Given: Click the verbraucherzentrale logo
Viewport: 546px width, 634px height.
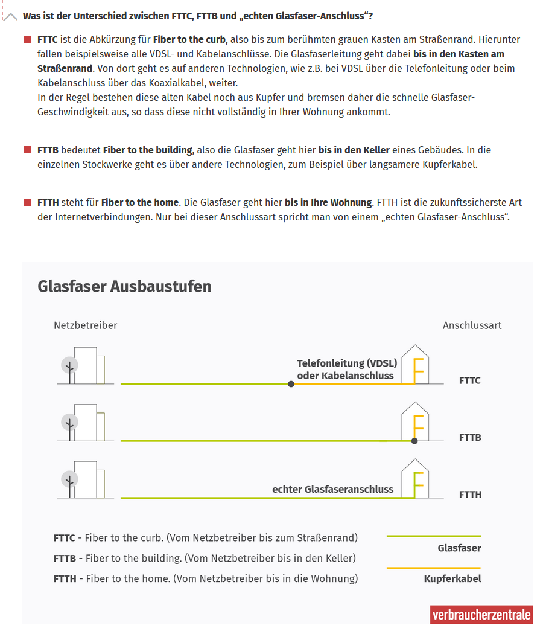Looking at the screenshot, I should click(481, 615).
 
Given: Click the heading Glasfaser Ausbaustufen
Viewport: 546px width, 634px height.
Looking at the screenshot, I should click(124, 286).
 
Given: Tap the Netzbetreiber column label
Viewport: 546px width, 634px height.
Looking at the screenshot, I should click(85, 325).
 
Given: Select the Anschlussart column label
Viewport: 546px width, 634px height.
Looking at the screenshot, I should click(472, 325).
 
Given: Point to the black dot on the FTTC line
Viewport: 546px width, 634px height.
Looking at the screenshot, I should click(291, 384).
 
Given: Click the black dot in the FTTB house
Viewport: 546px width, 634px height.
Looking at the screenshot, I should click(414, 441).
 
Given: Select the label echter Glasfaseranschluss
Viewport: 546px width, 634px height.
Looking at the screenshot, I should click(333, 489).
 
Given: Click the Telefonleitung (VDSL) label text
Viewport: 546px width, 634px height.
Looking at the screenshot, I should click(347, 363).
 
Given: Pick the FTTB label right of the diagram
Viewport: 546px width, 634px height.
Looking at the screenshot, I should click(470, 437).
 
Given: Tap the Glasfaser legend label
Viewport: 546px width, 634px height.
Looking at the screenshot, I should click(459, 548).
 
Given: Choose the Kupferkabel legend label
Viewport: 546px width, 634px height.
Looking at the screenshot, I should click(452, 579).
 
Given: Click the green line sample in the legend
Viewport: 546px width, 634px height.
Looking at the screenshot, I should click(433, 536).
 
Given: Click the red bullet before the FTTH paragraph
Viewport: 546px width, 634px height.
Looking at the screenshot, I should click(28, 202).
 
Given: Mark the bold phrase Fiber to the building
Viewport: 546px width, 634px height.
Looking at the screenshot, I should click(147, 150).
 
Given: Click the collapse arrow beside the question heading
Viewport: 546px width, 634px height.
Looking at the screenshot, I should click(10, 17).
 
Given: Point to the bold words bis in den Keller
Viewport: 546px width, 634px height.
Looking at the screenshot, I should click(355, 150).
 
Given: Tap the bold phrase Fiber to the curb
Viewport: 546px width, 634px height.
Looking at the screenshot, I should click(189, 40).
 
